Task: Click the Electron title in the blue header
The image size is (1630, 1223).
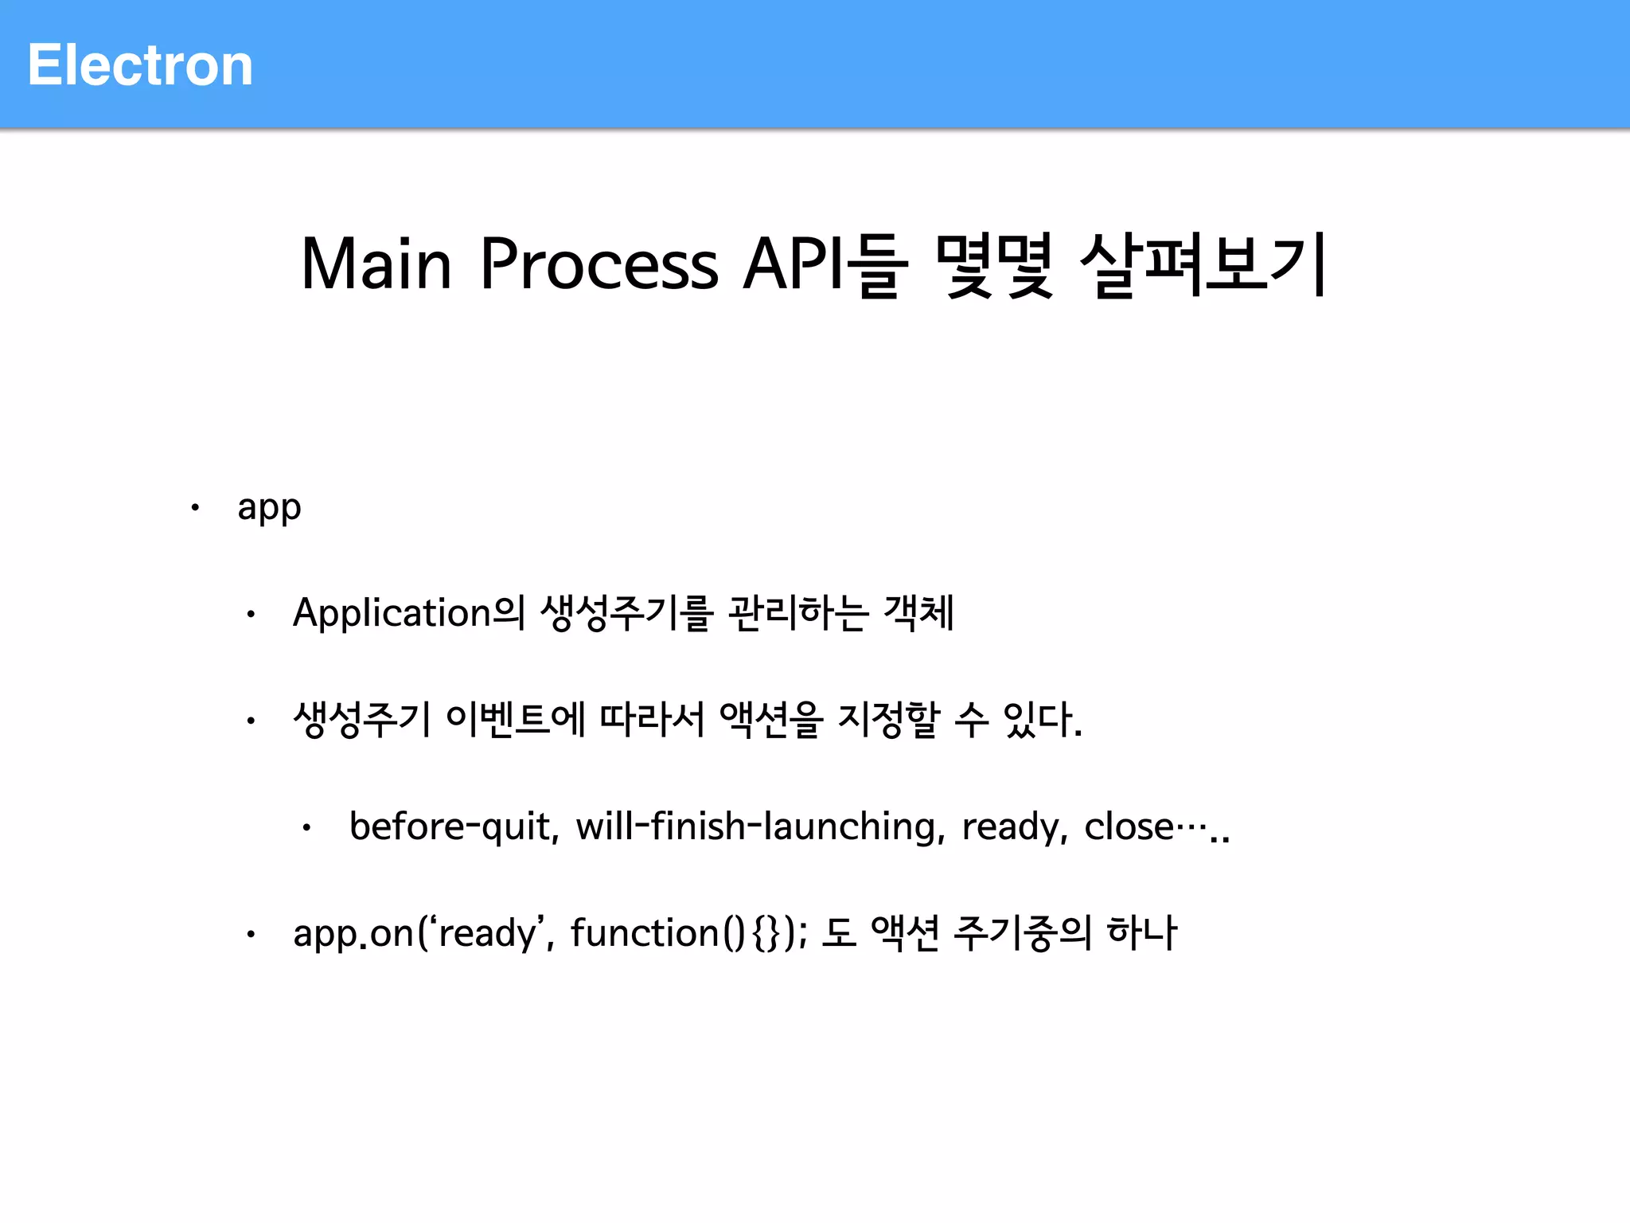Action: (140, 65)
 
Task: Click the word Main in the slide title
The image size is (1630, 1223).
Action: (376, 264)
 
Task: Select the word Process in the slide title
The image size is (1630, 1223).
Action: (599, 264)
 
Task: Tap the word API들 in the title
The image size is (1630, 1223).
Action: (825, 264)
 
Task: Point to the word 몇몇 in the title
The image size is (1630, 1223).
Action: (995, 264)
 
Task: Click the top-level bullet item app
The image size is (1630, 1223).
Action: (269, 508)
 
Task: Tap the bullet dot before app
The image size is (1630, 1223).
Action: (195, 507)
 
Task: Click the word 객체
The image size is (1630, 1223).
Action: (918, 613)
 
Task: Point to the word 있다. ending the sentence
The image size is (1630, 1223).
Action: (1043, 719)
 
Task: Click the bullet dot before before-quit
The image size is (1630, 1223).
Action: (306, 828)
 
